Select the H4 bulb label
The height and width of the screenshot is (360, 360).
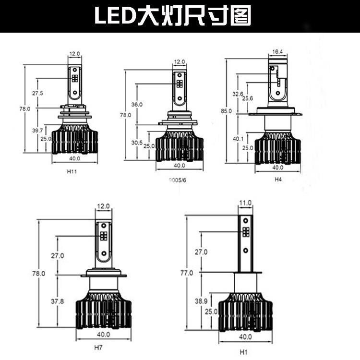(278, 179)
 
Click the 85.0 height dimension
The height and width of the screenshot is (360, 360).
(226, 111)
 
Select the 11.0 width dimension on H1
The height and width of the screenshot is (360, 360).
(245, 204)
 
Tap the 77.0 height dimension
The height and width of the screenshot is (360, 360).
(187, 273)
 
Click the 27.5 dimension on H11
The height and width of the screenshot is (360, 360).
(37, 93)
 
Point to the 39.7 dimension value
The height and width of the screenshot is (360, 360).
(37, 131)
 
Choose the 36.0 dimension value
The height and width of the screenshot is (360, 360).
(137, 104)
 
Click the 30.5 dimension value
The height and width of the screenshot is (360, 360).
(137, 143)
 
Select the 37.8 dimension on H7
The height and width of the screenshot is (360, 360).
(57, 301)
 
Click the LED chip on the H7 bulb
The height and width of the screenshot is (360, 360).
(103, 236)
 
